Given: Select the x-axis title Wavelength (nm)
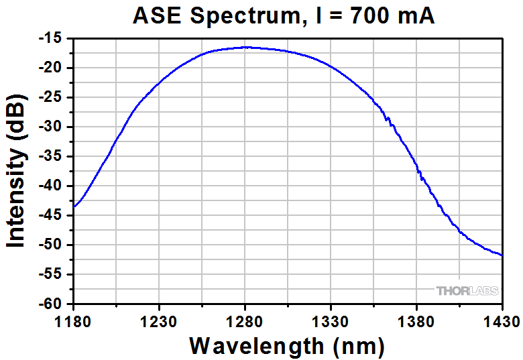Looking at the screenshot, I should tap(287, 346).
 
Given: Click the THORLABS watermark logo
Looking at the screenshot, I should tap(467, 291).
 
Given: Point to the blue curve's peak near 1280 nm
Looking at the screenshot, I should tap(245, 47).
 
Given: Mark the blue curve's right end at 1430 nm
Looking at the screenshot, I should tap(502, 255).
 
